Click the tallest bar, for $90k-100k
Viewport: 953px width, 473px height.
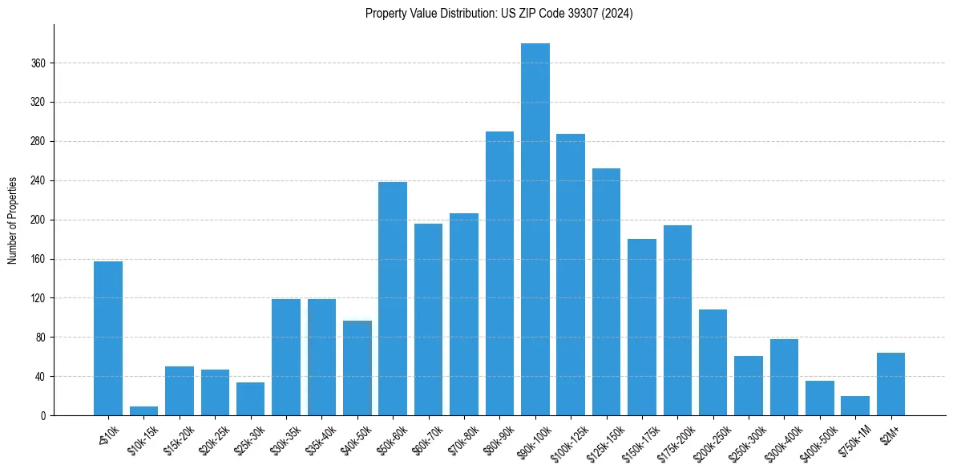click(x=535, y=229)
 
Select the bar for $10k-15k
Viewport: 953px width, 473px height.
click(x=143, y=410)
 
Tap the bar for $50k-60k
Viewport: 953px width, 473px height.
click(x=393, y=298)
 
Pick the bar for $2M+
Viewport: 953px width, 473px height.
click(x=890, y=384)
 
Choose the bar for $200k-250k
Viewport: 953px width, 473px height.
click(x=713, y=362)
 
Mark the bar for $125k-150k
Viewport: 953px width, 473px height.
click(x=606, y=292)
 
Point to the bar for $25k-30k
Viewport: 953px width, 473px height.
click(x=250, y=398)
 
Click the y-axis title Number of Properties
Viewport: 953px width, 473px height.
click(x=13, y=220)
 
